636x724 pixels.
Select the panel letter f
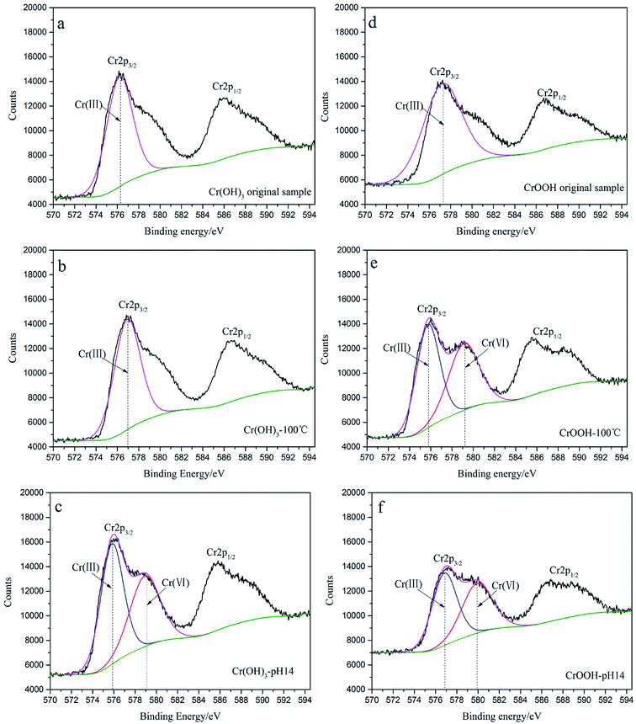click(384, 510)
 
